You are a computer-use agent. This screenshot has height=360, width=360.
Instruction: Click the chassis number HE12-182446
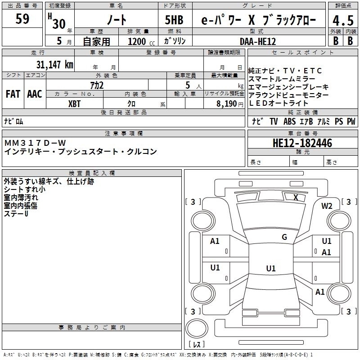tap(302, 143)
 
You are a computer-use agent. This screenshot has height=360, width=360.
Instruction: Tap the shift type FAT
tap(13, 94)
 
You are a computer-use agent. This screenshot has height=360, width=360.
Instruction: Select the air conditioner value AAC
tap(35, 94)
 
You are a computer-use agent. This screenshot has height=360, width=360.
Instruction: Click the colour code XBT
tap(74, 103)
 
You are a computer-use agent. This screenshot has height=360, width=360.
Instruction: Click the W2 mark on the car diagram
tap(327, 206)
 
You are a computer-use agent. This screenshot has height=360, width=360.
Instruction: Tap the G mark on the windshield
tap(284, 237)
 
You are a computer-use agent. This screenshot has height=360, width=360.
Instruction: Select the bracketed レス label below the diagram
tap(197, 344)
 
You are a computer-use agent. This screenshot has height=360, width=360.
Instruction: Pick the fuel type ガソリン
tap(175, 41)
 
